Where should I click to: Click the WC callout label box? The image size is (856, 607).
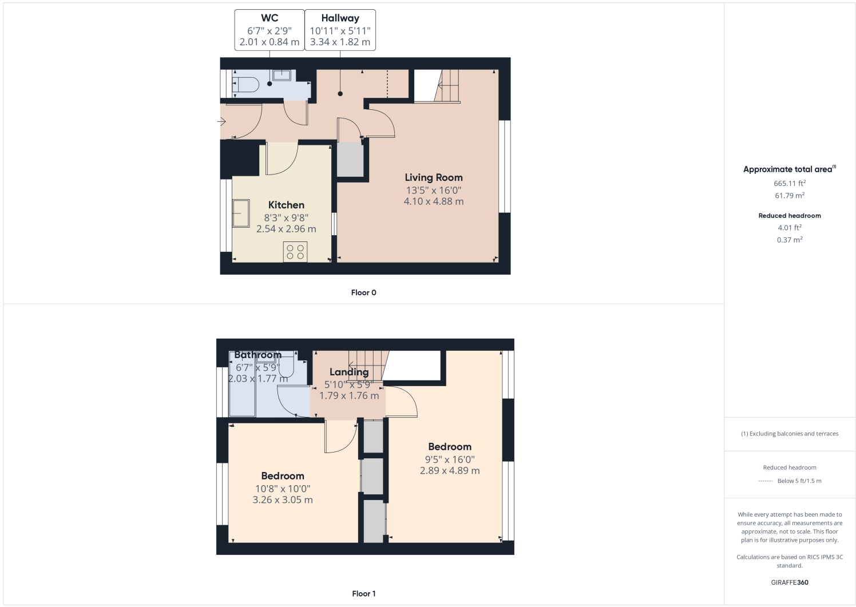270,30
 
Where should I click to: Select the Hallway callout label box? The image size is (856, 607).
340,30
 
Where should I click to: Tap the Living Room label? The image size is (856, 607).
434,178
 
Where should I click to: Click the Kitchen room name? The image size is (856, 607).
286,205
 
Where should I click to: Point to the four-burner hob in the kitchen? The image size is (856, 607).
295,252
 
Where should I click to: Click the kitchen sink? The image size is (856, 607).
241,213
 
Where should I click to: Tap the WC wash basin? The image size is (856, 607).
282,75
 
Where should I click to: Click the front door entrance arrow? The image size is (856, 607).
222,121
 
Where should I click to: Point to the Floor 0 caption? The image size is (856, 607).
363,292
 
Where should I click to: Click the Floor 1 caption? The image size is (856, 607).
363,593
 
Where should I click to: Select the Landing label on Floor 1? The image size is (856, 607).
349,372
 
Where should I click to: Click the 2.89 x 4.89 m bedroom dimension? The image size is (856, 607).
450,471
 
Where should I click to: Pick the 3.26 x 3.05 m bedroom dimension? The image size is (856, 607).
283,500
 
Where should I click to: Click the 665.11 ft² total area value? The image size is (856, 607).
790,184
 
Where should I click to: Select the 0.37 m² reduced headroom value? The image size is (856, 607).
790,240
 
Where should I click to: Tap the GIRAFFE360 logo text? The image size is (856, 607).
790,582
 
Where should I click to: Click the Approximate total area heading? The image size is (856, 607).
788,169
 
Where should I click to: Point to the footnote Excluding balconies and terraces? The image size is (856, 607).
790,434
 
